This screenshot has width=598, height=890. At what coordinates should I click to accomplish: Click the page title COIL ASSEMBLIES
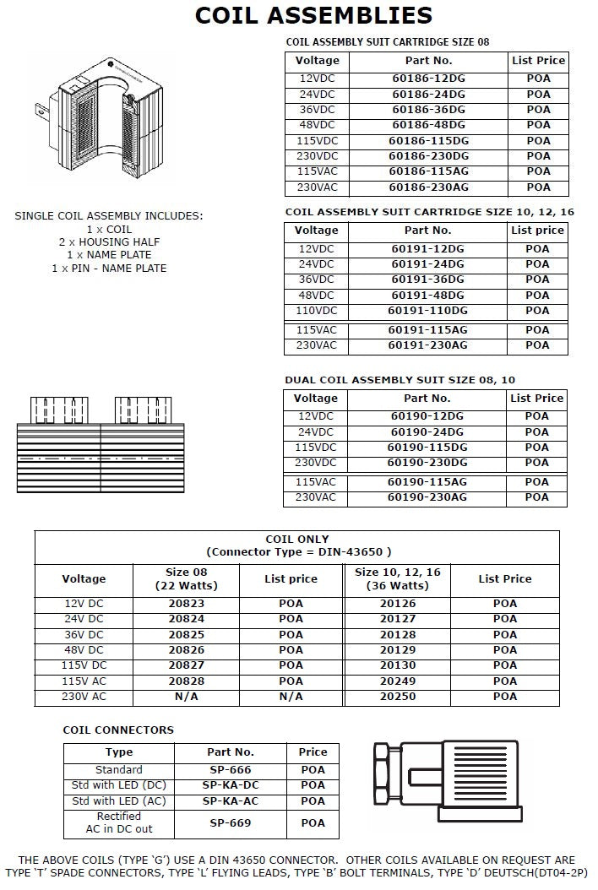coord(313,15)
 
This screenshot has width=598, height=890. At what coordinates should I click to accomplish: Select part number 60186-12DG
coord(428,79)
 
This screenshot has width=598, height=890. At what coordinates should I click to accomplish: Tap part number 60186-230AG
coord(428,187)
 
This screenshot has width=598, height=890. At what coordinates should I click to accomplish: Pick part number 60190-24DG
coord(427,431)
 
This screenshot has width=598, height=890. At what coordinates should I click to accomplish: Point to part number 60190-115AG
coord(427,481)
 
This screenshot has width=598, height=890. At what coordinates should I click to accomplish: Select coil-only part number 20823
coord(186,604)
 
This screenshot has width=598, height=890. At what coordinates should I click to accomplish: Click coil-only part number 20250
coord(397,697)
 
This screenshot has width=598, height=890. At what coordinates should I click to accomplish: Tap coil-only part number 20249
coord(397,681)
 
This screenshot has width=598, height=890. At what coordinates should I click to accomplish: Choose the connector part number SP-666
coord(231,770)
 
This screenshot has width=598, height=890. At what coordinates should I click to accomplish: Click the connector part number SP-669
coord(231,822)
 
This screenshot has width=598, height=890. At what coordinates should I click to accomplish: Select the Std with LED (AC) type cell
coord(119,800)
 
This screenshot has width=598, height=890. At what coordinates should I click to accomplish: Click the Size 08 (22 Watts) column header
coord(186,578)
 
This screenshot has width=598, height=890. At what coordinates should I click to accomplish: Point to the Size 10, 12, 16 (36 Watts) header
coord(397,578)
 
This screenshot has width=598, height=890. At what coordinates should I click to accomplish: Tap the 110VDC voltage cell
coord(316,311)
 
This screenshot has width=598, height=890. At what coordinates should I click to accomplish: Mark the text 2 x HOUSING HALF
coord(109,242)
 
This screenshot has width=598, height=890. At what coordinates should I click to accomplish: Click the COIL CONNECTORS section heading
coord(118,730)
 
